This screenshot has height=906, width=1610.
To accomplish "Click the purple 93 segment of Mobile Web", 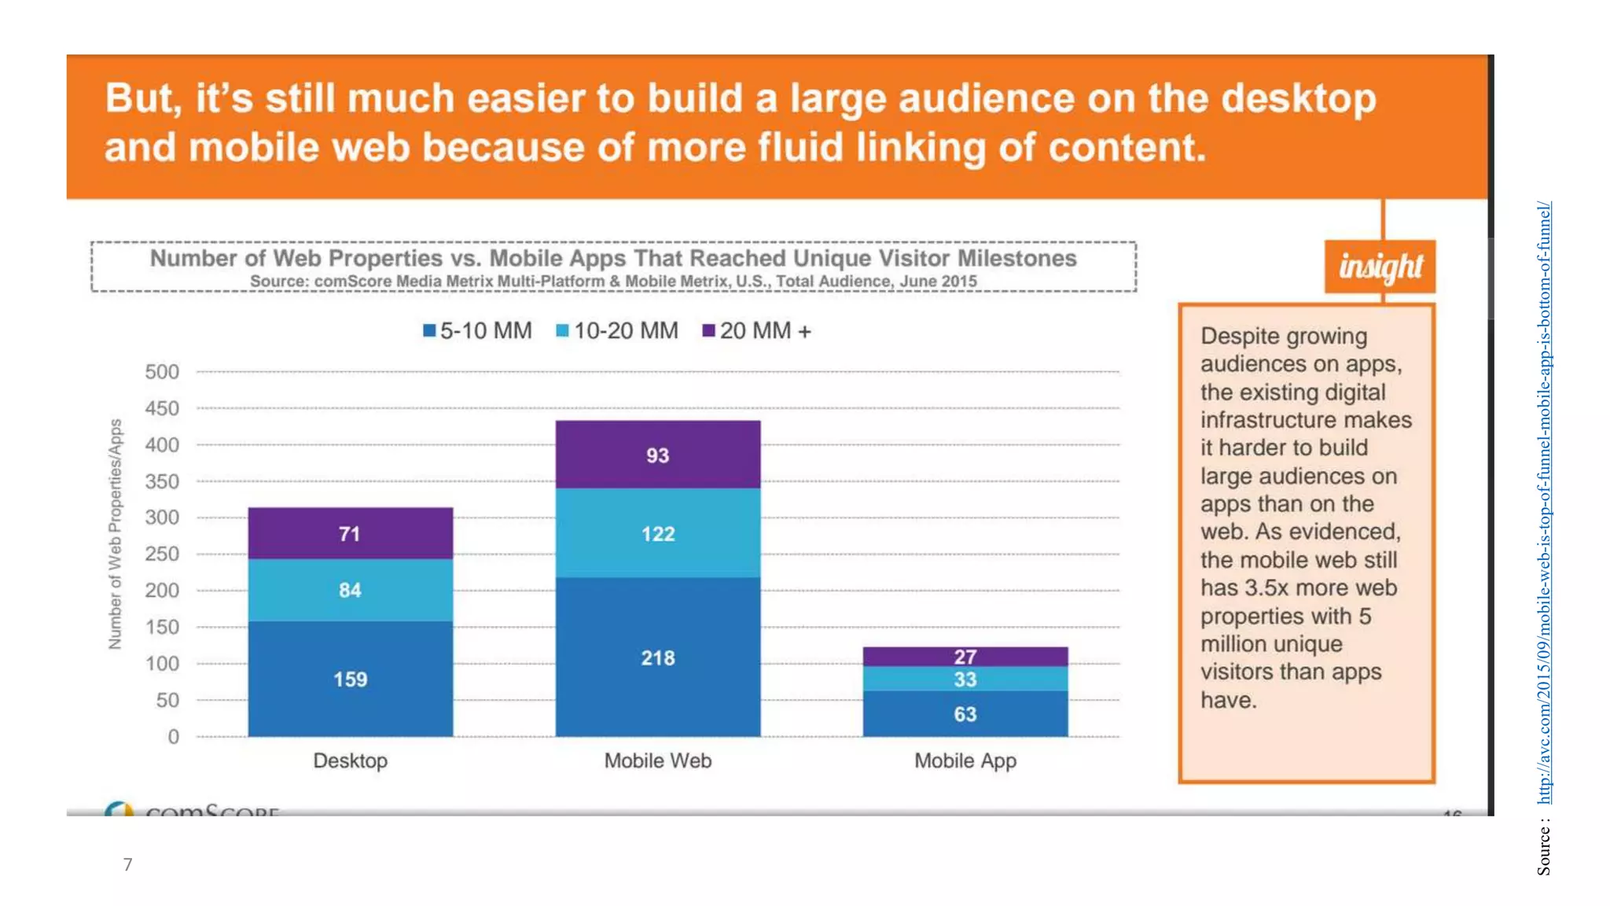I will (x=658, y=455).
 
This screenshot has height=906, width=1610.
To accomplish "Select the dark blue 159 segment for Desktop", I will (x=350, y=679).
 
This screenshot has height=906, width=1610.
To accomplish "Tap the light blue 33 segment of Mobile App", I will (x=965, y=679).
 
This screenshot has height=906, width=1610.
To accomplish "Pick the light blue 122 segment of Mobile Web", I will (x=658, y=533).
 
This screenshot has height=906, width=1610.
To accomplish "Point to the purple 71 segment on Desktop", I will (x=350, y=533).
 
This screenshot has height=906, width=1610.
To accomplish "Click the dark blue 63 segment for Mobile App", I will (x=965, y=714).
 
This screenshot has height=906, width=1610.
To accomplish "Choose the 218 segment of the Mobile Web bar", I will (x=658, y=657).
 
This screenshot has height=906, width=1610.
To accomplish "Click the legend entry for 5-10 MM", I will (x=478, y=331).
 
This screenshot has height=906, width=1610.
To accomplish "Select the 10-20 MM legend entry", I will (x=617, y=331).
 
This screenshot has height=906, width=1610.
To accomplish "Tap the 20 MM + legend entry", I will (x=757, y=331).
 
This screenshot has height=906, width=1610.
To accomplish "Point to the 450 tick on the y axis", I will (x=162, y=408).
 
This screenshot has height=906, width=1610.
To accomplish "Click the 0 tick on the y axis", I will (x=173, y=737).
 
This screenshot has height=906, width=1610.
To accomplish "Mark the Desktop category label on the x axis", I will (x=350, y=761).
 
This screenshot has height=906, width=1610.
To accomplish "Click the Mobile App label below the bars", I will (x=965, y=761).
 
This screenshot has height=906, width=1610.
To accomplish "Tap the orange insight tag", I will (x=1380, y=267).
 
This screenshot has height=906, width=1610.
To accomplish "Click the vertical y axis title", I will (x=116, y=534).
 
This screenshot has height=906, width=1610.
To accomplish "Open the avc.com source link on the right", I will (x=1544, y=503).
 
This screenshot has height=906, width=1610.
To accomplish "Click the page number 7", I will (x=128, y=864).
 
